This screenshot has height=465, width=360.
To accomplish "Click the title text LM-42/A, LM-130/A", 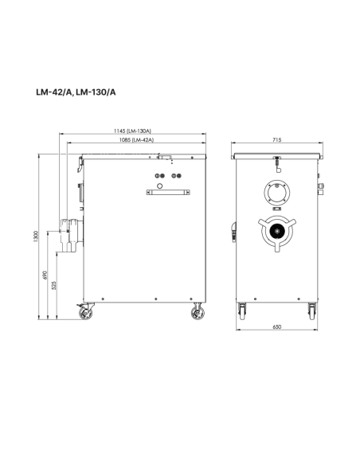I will (76, 92).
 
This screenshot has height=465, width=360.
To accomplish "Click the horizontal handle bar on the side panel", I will (168, 192).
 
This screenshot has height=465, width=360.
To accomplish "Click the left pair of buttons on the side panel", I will (159, 177).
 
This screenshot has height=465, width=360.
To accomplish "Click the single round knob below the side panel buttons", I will (159, 186).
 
